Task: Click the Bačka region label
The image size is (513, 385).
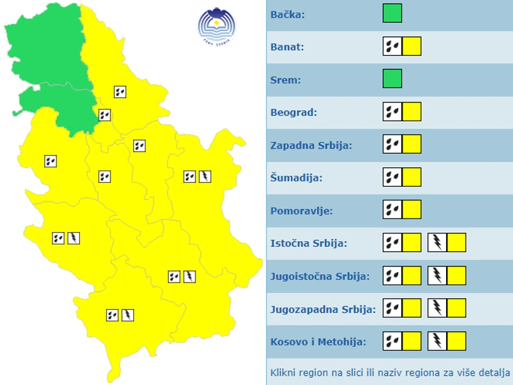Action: (288, 14)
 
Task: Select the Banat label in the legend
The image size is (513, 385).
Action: (287, 47)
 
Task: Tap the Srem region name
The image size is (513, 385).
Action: (285, 80)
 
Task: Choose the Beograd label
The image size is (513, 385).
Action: (294, 112)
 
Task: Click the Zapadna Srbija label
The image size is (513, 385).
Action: (311, 145)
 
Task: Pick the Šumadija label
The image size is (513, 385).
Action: (296, 178)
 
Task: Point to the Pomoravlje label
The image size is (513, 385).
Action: (301, 210)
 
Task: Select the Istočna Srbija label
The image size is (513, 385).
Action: (308, 243)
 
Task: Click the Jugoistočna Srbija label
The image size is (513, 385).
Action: (319, 276)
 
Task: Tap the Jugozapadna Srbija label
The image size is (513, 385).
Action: (323, 309)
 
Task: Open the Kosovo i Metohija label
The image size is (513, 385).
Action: (318, 342)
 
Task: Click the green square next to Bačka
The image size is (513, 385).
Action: (392, 14)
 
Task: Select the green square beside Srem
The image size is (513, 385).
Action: (392, 79)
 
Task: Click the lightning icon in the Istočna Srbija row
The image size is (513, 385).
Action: (437, 243)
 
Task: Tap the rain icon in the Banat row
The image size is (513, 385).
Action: (392, 47)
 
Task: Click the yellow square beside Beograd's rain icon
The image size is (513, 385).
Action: (412, 112)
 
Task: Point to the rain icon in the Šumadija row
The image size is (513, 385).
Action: (392, 178)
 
